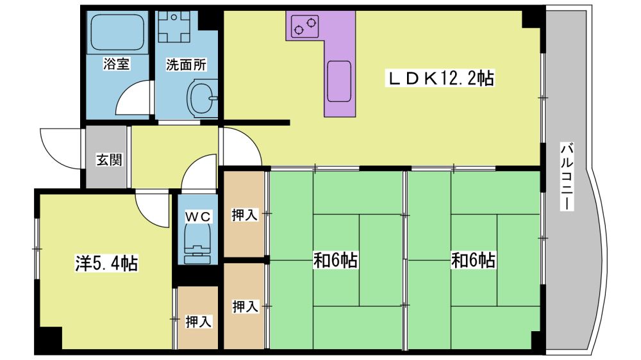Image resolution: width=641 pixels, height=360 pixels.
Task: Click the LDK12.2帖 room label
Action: (x=440, y=78)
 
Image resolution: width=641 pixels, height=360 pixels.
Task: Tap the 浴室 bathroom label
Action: (x=117, y=64)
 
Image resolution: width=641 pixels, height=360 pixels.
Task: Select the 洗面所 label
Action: (x=186, y=65)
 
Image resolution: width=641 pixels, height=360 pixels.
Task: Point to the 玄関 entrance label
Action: (x=109, y=160)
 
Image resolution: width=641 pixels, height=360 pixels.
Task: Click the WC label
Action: (x=198, y=216)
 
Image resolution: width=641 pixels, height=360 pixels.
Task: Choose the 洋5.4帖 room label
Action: (x=106, y=263)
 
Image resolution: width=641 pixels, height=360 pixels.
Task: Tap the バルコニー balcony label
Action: (x=567, y=177)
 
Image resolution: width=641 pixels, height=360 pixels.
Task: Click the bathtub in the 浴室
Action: (x=117, y=32)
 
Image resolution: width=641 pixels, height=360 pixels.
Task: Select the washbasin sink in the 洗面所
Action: (x=202, y=98)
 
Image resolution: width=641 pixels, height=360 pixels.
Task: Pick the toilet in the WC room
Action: (x=198, y=244)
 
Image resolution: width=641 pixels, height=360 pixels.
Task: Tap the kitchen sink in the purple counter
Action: (x=339, y=81)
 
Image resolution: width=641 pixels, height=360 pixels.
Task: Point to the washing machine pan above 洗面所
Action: (x=174, y=27)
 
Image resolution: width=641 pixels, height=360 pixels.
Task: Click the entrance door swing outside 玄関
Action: (x=62, y=147)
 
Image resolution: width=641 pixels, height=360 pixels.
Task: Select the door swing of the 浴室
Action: (x=135, y=98)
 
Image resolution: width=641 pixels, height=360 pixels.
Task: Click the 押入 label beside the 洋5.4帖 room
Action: (x=198, y=322)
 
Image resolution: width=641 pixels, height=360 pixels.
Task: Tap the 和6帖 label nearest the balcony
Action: (x=473, y=260)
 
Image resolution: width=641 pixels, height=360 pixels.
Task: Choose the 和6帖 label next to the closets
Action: (x=335, y=260)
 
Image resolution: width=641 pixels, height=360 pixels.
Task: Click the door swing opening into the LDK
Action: (x=240, y=147)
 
